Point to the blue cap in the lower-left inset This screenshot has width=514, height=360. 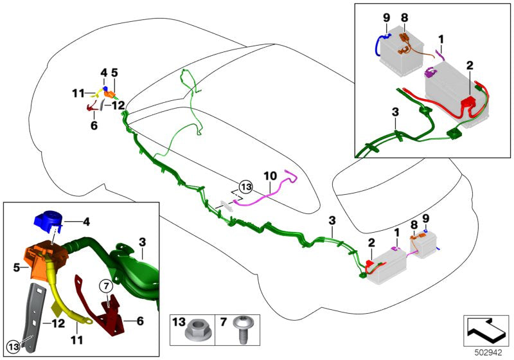tap(46, 222)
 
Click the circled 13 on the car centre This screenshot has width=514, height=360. tap(245, 187)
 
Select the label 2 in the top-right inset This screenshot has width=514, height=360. tap(470, 65)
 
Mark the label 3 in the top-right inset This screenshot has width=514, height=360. tap(394, 112)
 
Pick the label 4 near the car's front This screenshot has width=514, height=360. tap(103, 73)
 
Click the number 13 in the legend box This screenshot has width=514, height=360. tap(178, 321)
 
